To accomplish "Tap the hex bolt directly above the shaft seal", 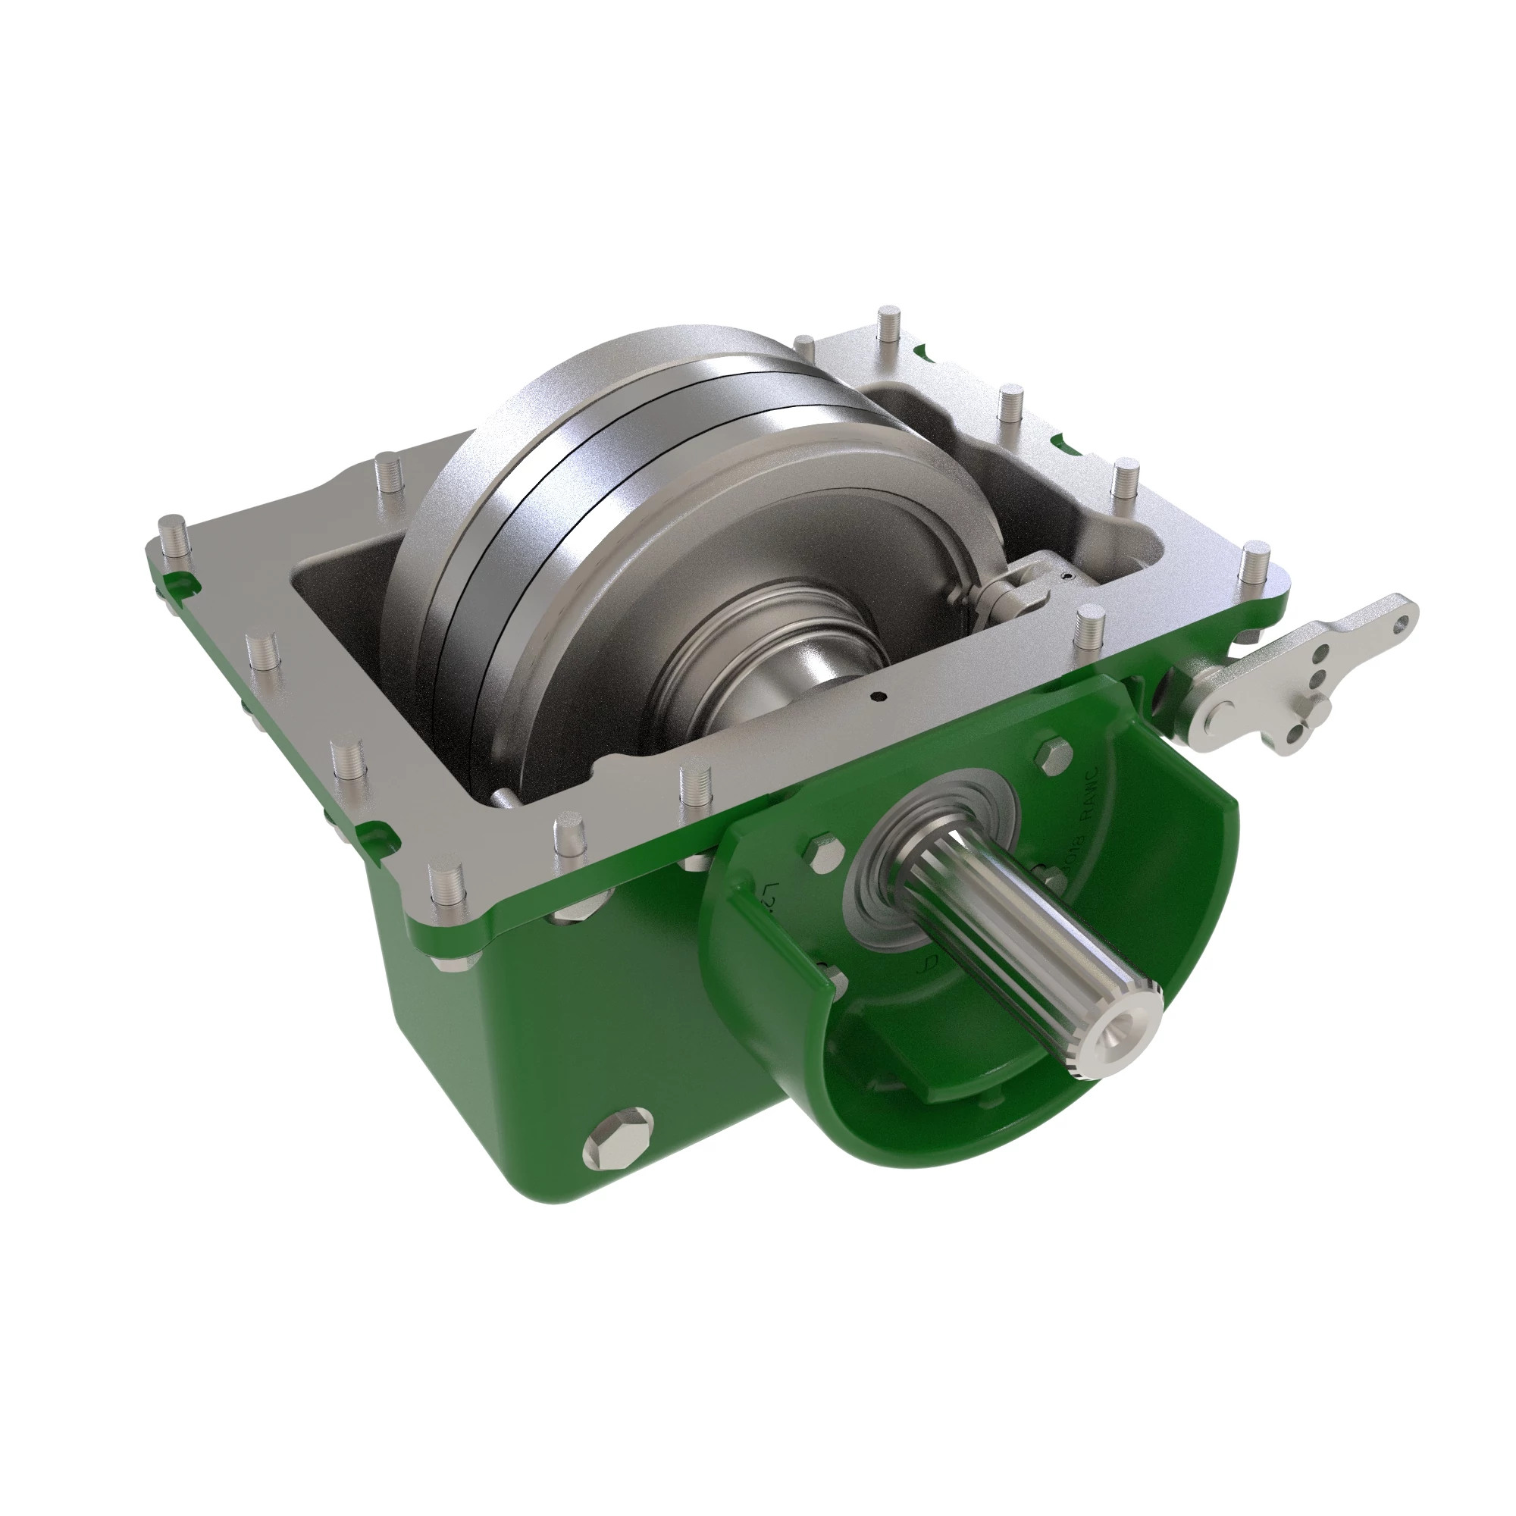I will pos(1051,754).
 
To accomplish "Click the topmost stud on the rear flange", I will pos(887,321).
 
